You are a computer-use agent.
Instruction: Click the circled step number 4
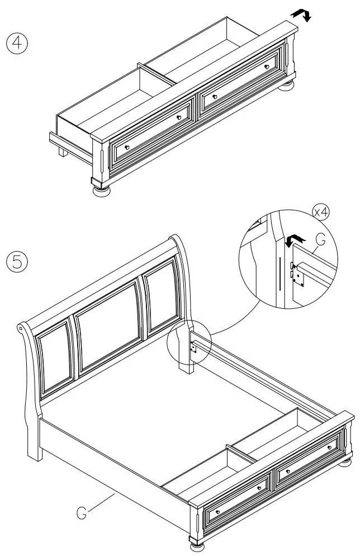17,44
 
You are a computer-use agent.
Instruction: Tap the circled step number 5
17,262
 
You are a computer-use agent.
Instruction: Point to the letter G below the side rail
82,512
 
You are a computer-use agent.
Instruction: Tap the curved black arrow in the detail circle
292,241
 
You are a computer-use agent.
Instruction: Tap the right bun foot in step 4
287,85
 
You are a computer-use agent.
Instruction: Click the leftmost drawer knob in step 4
126,147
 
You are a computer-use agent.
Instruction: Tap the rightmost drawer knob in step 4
267,67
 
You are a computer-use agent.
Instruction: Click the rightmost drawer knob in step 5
336,447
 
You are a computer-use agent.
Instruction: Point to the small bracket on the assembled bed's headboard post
193,347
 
